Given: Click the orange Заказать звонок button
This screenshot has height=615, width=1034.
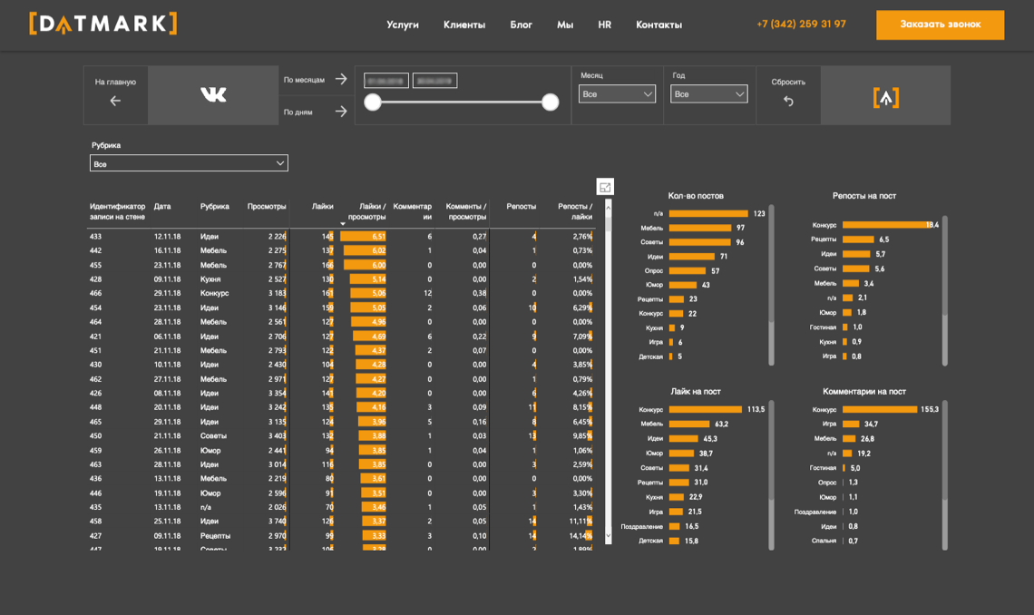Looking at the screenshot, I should [x=940, y=24].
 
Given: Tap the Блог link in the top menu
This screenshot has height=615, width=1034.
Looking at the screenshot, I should [x=521, y=24].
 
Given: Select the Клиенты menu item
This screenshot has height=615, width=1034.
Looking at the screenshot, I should [x=464, y=24].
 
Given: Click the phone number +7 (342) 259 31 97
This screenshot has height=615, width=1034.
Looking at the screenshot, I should [x=801, y=24].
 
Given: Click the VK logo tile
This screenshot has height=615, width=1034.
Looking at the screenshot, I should [x=213, y=94].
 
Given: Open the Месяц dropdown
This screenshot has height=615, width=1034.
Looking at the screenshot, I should [x=617, y=94].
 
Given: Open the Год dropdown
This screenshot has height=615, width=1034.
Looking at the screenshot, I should [x=708, y=94].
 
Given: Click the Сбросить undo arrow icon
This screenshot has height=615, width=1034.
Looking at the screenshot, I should [x=788, y=102].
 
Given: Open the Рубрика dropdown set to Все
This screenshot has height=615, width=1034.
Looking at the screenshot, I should [x=189, y=163].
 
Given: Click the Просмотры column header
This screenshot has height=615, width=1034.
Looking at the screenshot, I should [x=267, y=206].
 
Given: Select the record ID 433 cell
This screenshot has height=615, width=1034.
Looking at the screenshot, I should [x=95, y=237].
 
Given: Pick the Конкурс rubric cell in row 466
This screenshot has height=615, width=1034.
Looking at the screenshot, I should [x=214, y=294].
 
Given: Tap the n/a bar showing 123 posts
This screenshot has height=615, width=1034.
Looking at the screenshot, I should [x=708, y=214].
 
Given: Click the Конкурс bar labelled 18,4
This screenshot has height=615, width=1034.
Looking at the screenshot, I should [x=883, y=225].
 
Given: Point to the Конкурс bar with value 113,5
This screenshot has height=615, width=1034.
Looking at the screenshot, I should [x=705, y=410].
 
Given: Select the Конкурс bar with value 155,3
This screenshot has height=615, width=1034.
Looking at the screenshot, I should [x=879, y=410].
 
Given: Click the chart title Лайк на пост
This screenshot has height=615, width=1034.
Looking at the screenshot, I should [x=696, y=391].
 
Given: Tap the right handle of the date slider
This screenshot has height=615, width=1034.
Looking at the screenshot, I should [x=550, y=102].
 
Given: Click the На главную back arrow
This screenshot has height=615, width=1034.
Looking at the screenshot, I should [x=115, y=101].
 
